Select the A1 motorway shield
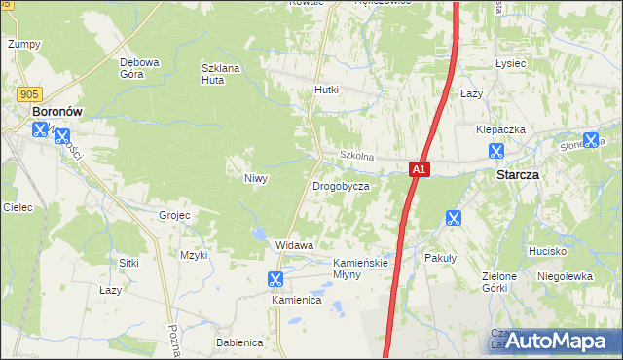tap(417, 169)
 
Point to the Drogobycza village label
tap(340, 186)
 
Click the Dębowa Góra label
tap(139, 68)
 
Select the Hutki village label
tap(326, 90)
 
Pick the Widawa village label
tap(294, 245)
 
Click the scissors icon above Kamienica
tap(275, 279)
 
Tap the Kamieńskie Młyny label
tap(361, 269)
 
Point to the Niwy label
tap(256, 178)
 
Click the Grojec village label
tap(174, 214)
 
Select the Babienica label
tap(239, 342)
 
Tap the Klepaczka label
tap(501, 129)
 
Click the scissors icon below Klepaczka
tap(496, 151)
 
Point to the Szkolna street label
tap(356, 156)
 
